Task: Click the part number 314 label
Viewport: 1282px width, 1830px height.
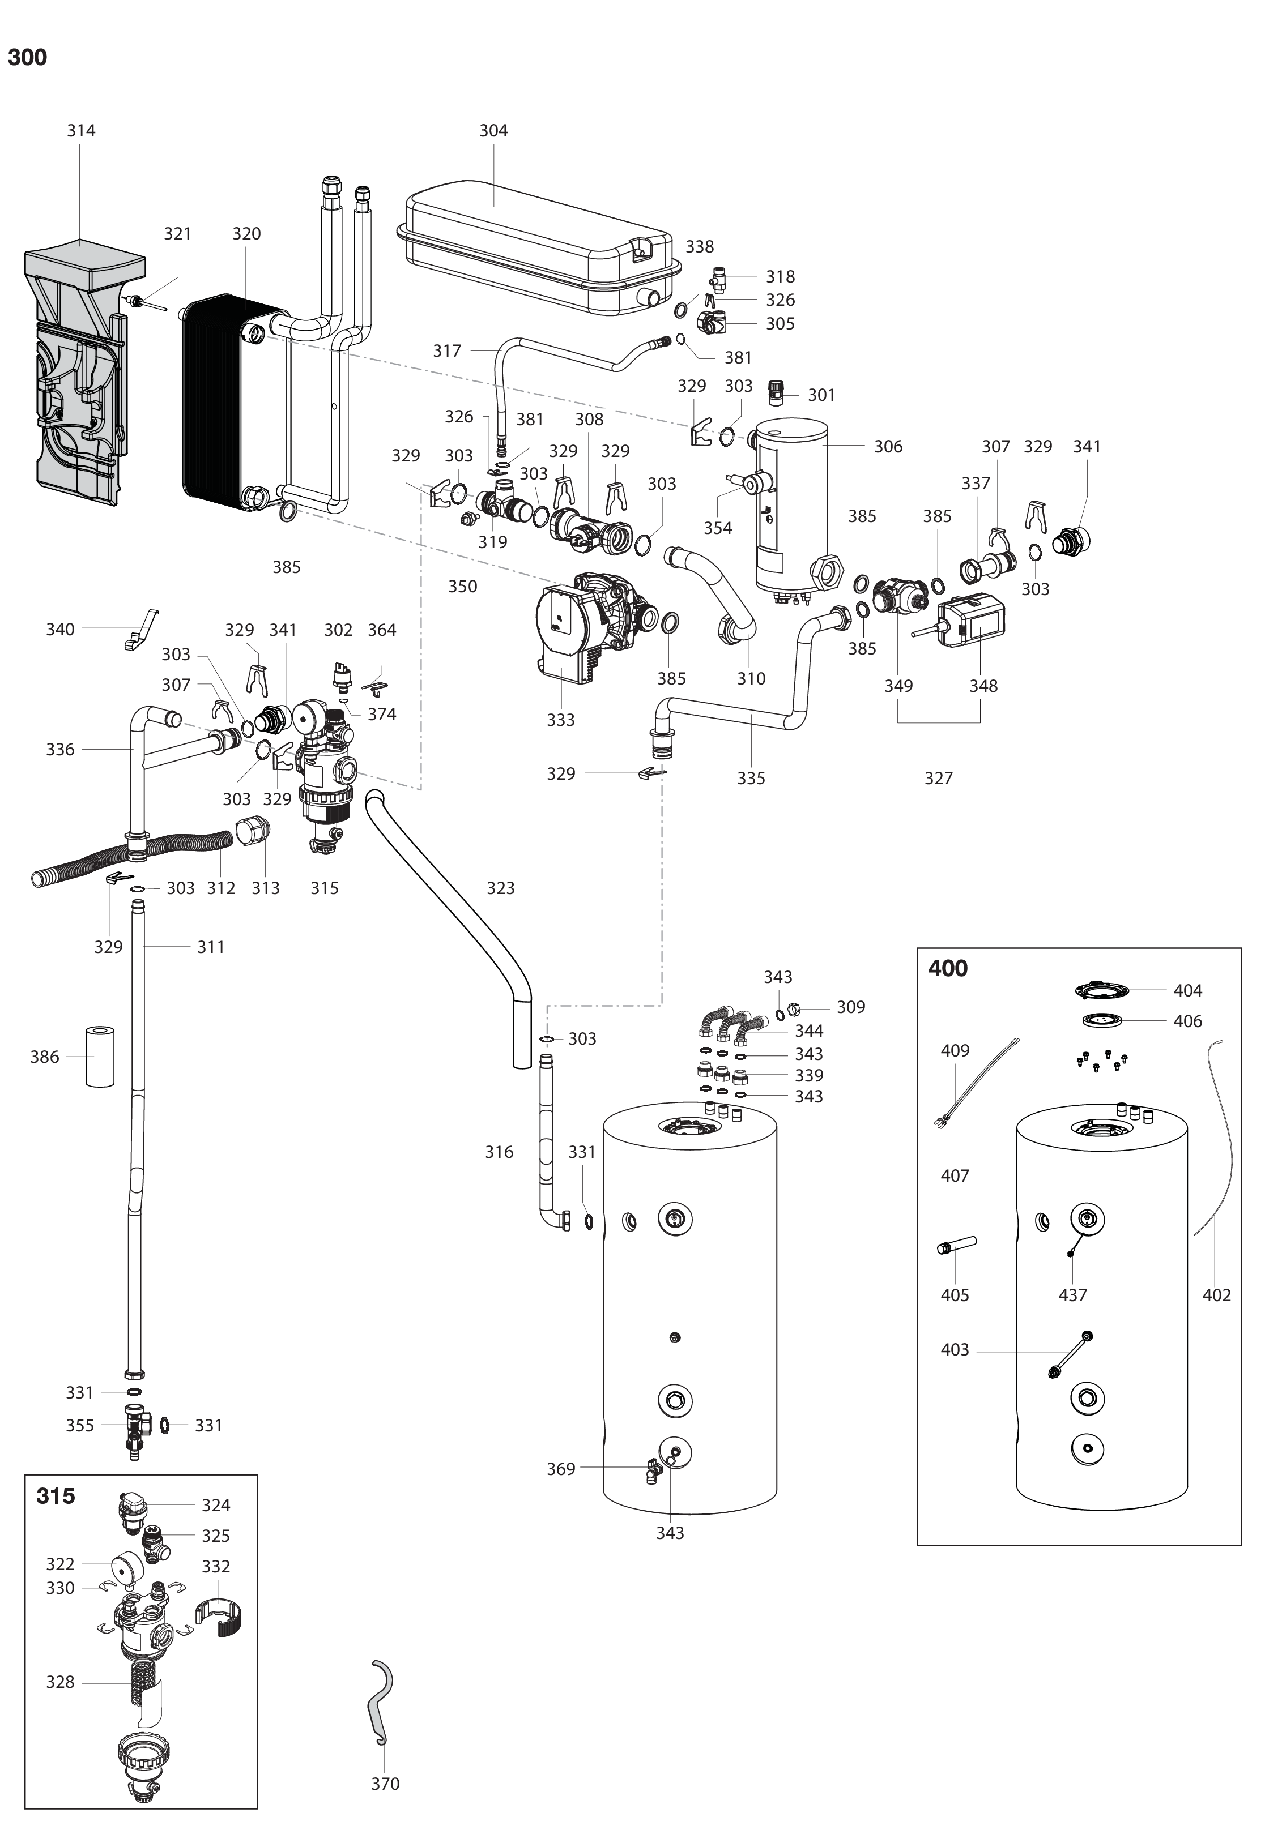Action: [82, 131]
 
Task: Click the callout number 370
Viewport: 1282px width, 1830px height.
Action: [385, 1784]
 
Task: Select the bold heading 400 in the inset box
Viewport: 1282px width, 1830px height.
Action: [948, 968]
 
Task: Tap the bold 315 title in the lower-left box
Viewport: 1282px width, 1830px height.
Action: [56, 1496]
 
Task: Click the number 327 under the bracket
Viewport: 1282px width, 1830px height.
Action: [938, 778]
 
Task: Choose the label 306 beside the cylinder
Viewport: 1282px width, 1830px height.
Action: [888, 446]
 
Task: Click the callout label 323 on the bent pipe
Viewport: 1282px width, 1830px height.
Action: [501, 888]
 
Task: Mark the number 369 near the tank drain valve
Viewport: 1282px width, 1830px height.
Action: [560, 1469]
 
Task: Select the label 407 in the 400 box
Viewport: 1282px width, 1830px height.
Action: [955, 1175]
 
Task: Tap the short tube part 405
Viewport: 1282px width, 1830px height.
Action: [957, 1245]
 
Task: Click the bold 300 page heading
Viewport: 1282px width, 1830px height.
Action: [27, 57]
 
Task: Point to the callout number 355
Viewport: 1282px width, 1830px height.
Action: [80, 1425]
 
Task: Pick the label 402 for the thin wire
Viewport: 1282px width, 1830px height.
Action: [1217, 1295]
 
